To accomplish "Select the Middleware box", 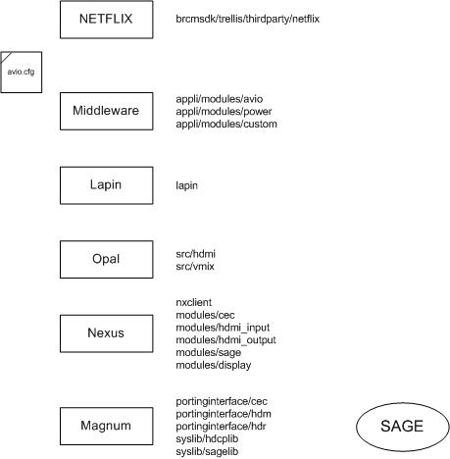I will pyautogui.click(x=106, y=111).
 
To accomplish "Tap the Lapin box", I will pyautogui.click(x=106, y=184).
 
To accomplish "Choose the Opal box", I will pyautogui.click(x=106, y=259).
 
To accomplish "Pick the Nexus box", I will pyautogui.click(x=106, y=332).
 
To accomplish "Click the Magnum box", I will pyautogui.click(x=106, y=426).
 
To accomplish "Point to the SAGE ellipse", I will pyautogui.click(x=402, y=426).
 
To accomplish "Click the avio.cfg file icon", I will pyautogui.click(x=20, y=72).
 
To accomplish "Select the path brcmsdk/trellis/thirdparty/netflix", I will pyautogui.click(x=247, y=19).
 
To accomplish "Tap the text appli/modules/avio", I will pyautogui.click(x=219, y=99).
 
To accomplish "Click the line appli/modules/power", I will pyautogui.click(x=223, y=112).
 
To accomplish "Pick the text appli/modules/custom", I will pyautogui.click(x=225, y=125).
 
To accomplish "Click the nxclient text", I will pyautogui.click(x=194, y=302).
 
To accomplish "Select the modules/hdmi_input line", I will pyautogui.click(x=223, y=328).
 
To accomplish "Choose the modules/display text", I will pyautogui.click(x=213, y=365).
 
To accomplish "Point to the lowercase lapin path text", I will pyautogui.click(x=186, y=184).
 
